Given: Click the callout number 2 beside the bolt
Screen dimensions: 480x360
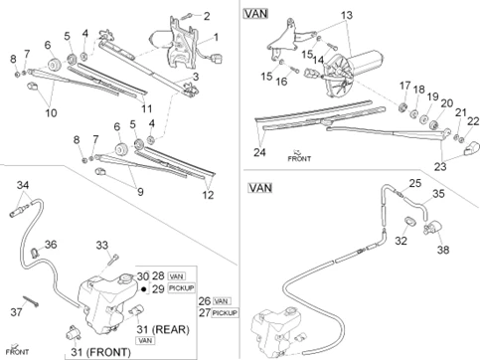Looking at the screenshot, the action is [207, 16].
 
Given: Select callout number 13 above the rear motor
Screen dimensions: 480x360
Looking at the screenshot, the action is [347, 15].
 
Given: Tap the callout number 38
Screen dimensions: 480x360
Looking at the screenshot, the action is [443, 250].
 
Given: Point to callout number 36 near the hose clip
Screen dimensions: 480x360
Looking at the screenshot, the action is [51, 245].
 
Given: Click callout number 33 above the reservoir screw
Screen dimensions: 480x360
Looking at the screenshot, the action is [102, 246].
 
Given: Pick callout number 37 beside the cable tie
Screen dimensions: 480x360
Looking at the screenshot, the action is [16, 312].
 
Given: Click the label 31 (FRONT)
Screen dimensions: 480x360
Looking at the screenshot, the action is [100, 352].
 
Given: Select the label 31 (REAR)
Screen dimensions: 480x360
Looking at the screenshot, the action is [163, 329].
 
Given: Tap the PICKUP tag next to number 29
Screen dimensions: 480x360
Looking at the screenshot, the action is [181, 288].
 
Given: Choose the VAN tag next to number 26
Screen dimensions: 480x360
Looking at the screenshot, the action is [222, 301].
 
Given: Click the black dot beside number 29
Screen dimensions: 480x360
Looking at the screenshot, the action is [144, 289].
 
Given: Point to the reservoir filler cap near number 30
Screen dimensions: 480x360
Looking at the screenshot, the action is [125, 277].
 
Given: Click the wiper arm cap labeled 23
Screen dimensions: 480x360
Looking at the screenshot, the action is [471, 148].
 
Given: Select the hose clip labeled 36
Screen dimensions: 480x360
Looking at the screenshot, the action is [35, 253].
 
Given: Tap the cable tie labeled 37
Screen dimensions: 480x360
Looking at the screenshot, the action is [31, 300].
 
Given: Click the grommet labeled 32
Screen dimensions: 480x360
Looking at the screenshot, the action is [410, 222].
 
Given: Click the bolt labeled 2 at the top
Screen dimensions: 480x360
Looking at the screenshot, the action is [189, 15].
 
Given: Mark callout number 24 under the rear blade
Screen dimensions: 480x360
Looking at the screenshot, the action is [259, 152].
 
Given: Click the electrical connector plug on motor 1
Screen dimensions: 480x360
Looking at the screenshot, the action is [218, 60].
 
